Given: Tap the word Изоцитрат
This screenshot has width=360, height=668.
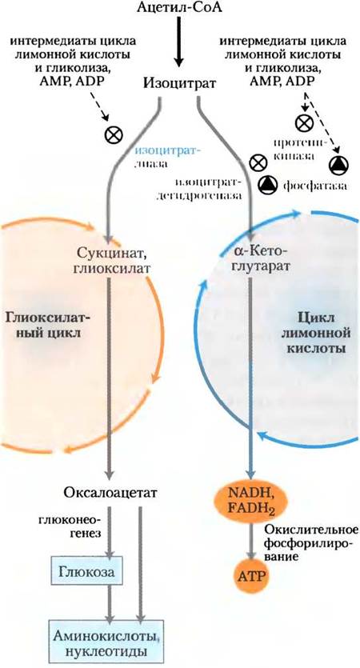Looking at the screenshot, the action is (179, 82).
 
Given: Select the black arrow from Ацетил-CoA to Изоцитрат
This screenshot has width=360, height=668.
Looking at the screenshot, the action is (179, 42).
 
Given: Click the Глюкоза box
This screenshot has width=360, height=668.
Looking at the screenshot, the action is (86, 571).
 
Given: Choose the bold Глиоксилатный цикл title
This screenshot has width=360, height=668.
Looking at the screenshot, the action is (48, 325).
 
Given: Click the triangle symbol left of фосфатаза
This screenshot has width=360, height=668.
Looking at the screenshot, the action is (267, 183).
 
